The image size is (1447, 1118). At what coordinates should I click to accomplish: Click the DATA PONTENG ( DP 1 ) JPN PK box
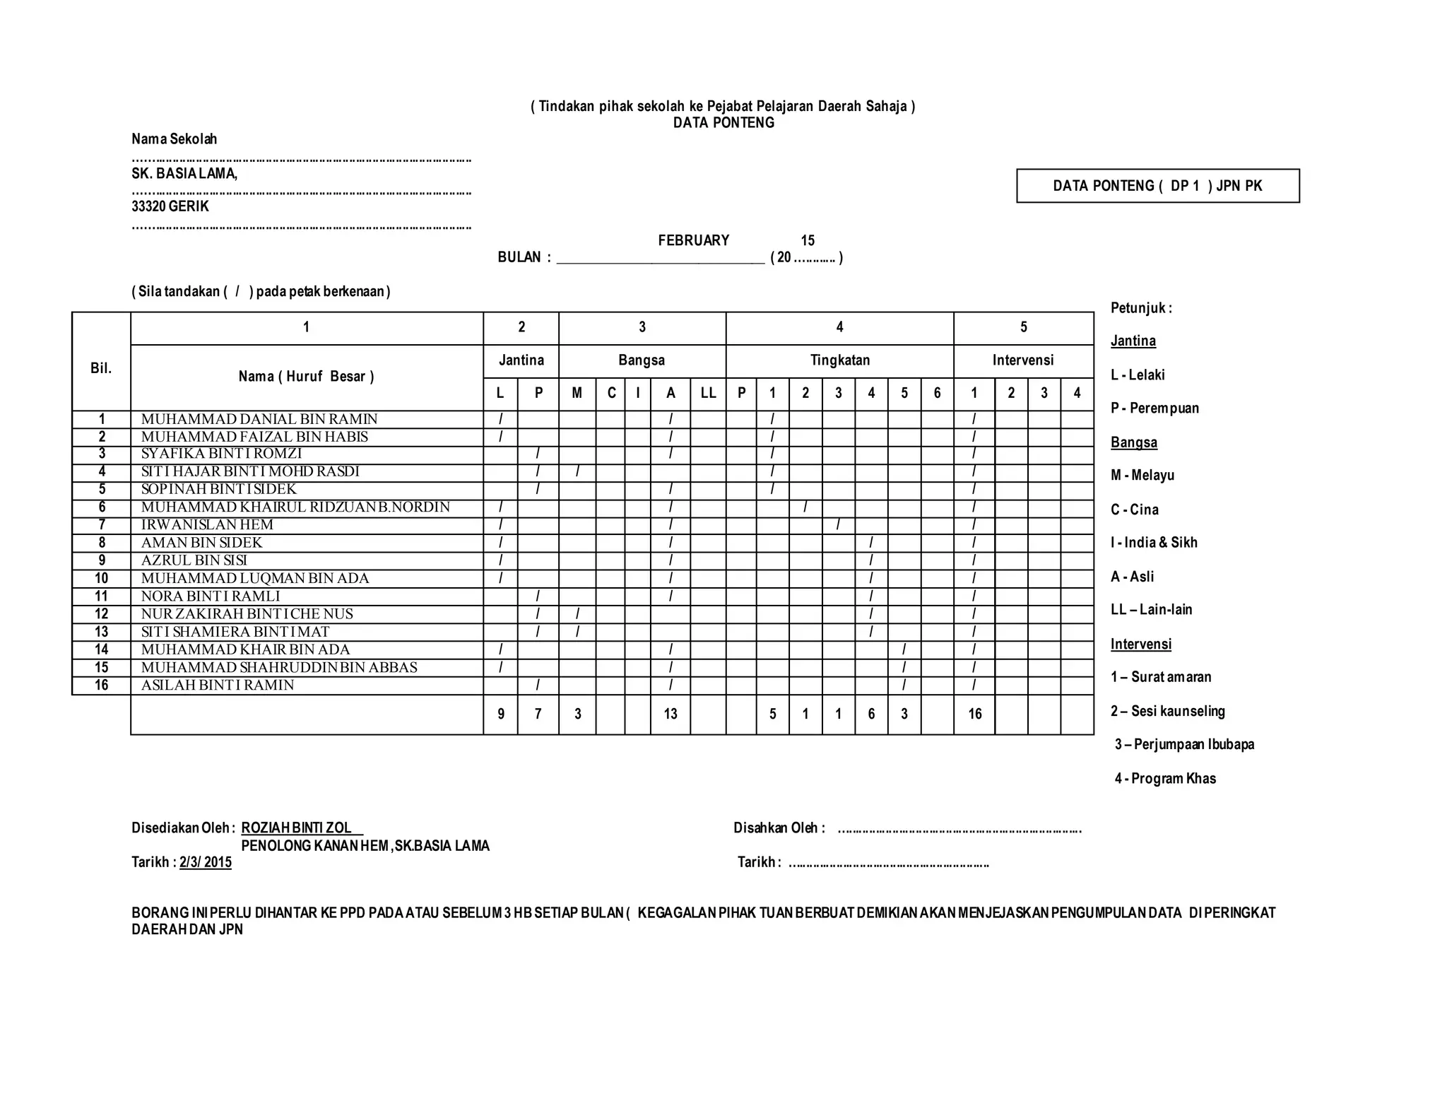click(x=1157, y=186)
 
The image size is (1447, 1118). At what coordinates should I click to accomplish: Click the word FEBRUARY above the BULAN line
click(x=693, y=240)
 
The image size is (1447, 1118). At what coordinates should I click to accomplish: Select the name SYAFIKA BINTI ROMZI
click(x=221, y=454)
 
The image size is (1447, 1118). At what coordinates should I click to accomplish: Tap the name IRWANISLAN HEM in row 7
click(x=207, y=524)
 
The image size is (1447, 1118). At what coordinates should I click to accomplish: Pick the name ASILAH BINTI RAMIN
click(x=218, y=685)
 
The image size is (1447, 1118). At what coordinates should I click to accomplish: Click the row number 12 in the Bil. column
click(x=102, y=613)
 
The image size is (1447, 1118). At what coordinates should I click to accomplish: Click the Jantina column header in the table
click(x=521, y=360)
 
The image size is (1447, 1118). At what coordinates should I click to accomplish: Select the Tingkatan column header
click(x=839, y=360)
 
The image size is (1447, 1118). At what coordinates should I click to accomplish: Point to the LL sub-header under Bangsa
click(x=708, y=394)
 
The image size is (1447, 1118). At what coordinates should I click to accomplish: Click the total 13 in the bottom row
click(x=671, y=714)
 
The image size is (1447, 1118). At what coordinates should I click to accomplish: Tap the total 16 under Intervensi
click(x=975, y=714)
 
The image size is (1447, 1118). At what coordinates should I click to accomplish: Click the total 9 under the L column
click(x=501, y=714)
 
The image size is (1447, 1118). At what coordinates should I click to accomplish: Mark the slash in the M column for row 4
click(x=577, y=471)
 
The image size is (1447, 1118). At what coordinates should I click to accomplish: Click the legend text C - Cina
click(x=1135, y=510)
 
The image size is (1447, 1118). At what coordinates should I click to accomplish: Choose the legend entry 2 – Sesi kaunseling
click(x=1167, y=711)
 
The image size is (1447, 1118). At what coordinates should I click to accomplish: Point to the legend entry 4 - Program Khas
click(x=1165, y=779)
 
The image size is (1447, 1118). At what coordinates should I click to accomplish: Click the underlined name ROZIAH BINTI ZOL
click(x=297, y=828)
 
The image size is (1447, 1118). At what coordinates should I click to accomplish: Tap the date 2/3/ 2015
click(x=206, y=862)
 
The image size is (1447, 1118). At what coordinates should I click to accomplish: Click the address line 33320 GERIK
click(x=170, y=206)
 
